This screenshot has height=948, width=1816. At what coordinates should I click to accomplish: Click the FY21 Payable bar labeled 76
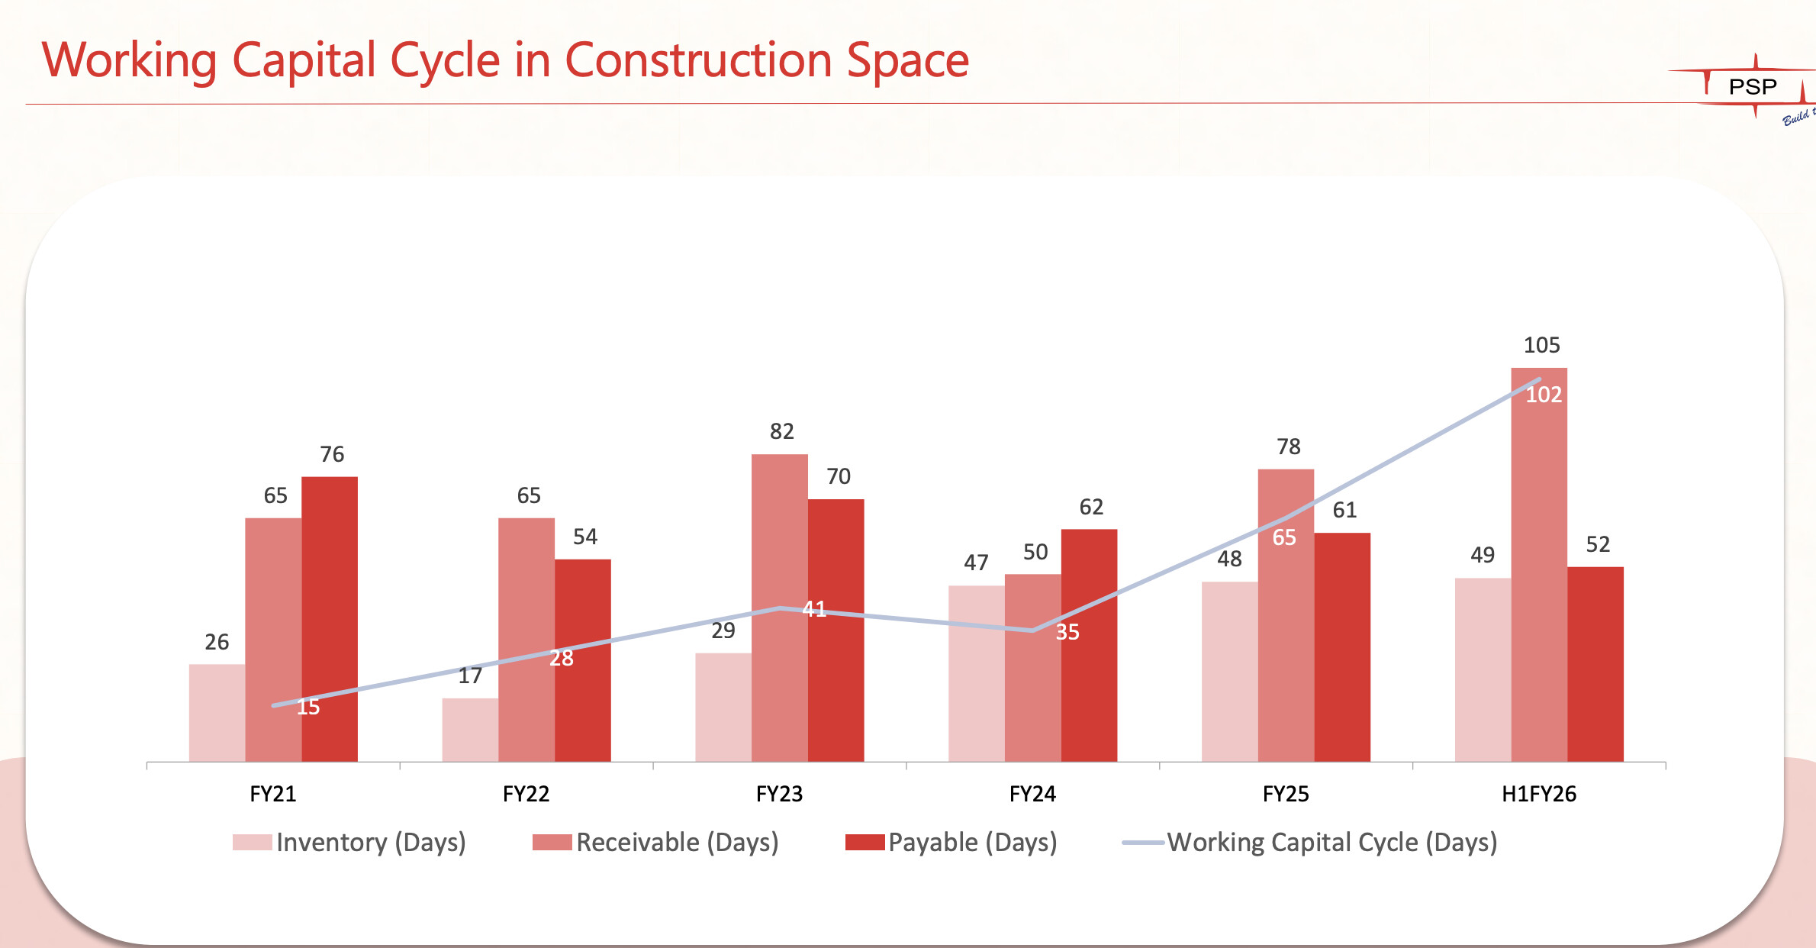(x=330, y=618)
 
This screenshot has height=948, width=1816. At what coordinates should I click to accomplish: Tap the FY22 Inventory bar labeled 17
(x=470, y=730)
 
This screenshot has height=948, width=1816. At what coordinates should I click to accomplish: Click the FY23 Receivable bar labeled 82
(x=779, y=534)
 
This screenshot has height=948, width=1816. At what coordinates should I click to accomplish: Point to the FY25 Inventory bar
(x=1229, y=672)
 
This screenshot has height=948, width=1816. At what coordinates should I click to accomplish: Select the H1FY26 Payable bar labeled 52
(x=1595, y=664)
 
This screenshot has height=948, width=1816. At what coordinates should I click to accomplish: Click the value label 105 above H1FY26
(x=1541, y=345)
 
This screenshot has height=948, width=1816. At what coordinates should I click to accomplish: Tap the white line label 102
(x=1544, y=395)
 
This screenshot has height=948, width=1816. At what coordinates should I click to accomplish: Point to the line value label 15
(x=308, y=707)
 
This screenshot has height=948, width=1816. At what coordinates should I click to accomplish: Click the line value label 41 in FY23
(x=814, y=609)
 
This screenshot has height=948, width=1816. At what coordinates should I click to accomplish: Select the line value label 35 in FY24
(x=1067, y=632)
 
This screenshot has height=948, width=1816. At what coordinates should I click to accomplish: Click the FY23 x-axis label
(x=779, y=794)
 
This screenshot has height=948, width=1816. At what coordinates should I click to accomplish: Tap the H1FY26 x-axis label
(x=1539, y=794)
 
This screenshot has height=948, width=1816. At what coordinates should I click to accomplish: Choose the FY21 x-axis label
(x=272, y=794)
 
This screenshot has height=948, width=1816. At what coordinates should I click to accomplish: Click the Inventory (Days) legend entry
(x=349, y=842)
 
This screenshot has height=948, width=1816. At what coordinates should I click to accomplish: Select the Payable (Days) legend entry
(x=951, y=842)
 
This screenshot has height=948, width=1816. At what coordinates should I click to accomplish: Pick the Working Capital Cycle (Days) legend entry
(x=1310, y=842)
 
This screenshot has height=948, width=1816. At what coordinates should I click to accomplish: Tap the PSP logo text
(x=1753, y=87)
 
